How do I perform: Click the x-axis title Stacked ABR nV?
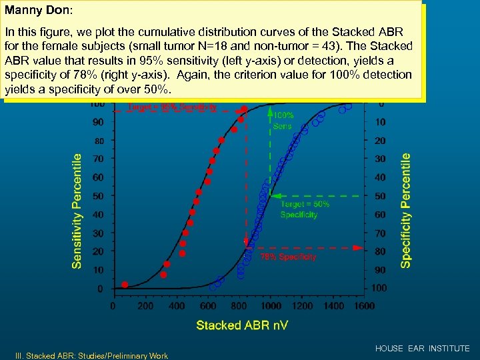point(242,325)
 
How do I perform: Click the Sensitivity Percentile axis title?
point(77,211)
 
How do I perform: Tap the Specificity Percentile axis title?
point(405,209)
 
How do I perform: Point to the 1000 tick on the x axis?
point(270,306)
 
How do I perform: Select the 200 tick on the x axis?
point(145,306)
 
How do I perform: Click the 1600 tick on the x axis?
point(365,306)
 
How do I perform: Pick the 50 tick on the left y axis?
point(97,196)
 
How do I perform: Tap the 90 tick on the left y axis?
point(97,122)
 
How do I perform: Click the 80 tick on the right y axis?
point(379,251)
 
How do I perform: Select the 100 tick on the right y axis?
point(379,288)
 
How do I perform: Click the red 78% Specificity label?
point(288,257)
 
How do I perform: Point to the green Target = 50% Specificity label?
point(305,209)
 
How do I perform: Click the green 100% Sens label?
point(283,120)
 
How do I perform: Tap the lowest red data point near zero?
point(125,285)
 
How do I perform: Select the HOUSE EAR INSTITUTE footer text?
point(422,349)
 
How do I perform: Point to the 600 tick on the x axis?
point(209,306)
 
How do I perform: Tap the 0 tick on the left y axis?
point(100,289)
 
